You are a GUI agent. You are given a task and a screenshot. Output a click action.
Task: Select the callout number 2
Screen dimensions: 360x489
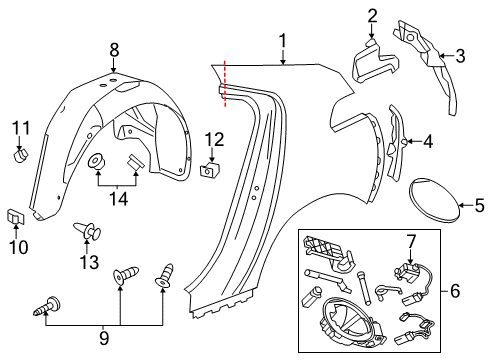click(372, 15)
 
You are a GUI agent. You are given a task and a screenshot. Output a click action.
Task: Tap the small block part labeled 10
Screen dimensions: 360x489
click(17, 214)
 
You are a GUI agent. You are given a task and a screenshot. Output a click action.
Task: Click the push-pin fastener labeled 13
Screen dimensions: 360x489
click(93, 234)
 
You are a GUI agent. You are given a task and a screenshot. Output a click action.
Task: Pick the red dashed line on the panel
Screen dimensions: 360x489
click(225, 83)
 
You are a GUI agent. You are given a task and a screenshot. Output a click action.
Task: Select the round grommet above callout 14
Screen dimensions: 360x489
click(99, 161)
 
